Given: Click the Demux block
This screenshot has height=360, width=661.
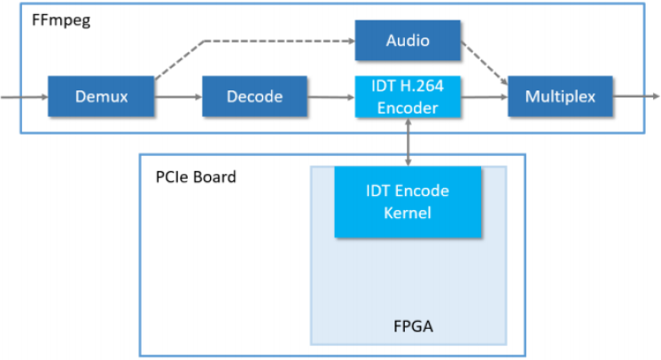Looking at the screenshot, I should (x=101, y=96).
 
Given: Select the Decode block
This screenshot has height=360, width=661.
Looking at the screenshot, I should (x=255, y=96).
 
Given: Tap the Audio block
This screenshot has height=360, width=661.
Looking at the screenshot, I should (x=408, y=40).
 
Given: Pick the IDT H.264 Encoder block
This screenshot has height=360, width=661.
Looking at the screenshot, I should (x=408, y=96).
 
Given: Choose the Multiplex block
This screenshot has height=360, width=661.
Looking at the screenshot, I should (x=560, y=96).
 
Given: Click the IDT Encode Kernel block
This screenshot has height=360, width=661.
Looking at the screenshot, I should (x=408, y=201).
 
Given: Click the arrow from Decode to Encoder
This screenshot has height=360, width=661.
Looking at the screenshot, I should (x=332, y=96).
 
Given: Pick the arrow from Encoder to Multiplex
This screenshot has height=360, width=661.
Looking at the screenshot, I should (x=485, y=96).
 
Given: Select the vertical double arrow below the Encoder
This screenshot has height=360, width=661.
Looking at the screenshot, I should (x=408, y=141).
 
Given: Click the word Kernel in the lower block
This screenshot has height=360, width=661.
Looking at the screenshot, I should (x=408, y=213).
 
